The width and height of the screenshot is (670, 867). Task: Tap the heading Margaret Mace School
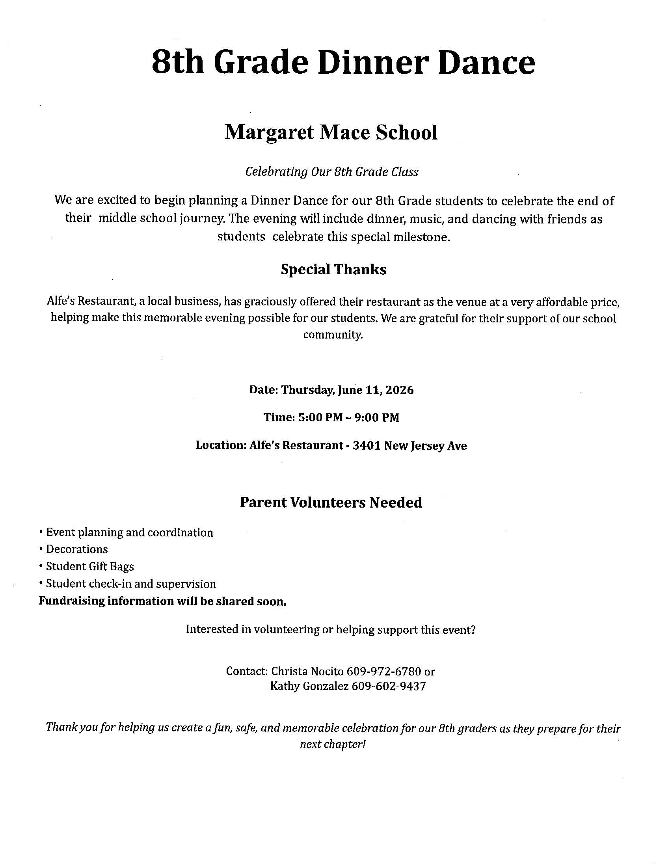(x=331, y=132)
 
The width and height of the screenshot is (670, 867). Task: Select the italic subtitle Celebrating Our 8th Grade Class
(x=331, y=172)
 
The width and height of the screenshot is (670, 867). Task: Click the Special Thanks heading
(x=333, y=270)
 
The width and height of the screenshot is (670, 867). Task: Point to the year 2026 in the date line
(x=400, y=390)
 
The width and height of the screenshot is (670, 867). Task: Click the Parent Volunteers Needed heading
(x=331, y=502)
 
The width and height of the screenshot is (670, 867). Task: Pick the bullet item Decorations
(x=76, y=549)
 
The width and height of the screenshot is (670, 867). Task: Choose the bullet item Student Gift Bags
(x=90, y=566)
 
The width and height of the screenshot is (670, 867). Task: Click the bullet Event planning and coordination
(x=129, y=532)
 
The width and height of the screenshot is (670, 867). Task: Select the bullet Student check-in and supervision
(x=131, y=584)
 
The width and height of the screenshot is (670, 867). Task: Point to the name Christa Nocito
(x=307, y=671)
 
